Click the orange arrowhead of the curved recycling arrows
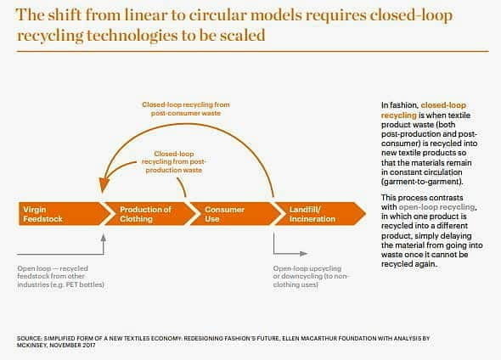click(x=104, y=185)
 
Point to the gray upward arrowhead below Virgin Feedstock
click(x=104, y=238)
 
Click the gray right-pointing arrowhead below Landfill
click(x=303, y=254)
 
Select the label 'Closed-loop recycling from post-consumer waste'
click(x=186, y=109)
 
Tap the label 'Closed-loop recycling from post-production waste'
click(x=174, y=162)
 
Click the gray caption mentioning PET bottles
click(x=60, y=277)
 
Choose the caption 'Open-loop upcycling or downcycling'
click(x=310, y=277)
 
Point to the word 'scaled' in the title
click(x=243, y=35)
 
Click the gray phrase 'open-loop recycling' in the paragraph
click(x=436, y=207)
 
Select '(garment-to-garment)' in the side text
click(x=422, y=182)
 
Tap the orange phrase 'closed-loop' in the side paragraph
click(x=443, y=105)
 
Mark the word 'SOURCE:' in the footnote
click(x=30, y=338)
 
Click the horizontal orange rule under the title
click(x=253, y=51)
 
